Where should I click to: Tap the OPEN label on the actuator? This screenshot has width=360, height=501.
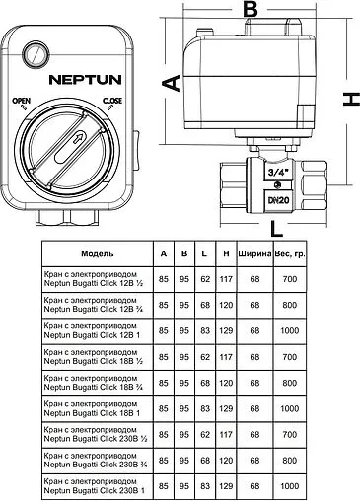point(22,103)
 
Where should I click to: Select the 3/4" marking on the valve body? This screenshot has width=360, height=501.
point(279,171)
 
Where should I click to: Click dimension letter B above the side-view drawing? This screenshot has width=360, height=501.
point(251,11)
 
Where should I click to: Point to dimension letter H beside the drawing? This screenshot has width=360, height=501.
point(348,100)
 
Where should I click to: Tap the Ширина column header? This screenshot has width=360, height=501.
point(253,253)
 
